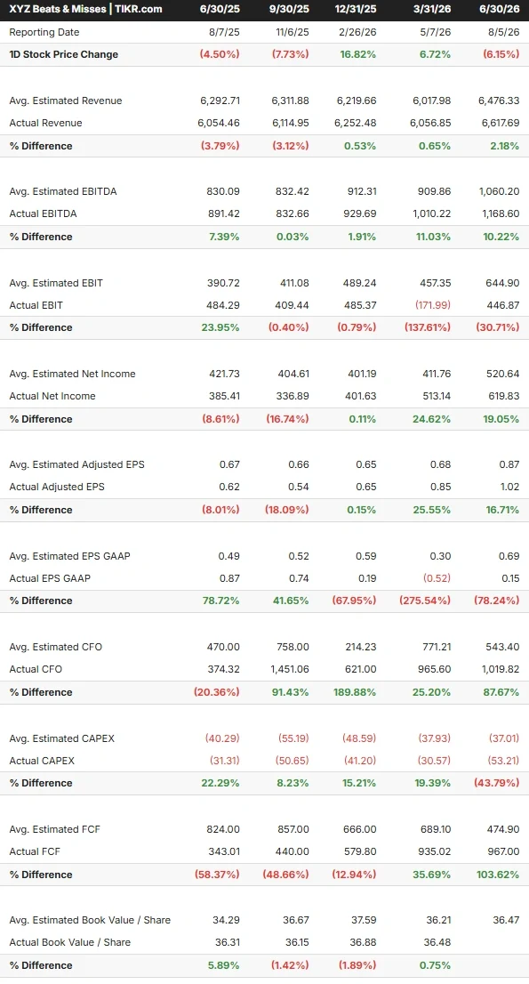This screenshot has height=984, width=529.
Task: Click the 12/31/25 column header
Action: [x=356, y=9]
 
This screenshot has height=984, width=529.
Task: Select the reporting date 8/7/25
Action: [x=225, y=32]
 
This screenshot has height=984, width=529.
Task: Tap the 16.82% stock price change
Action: [x=358, y=54]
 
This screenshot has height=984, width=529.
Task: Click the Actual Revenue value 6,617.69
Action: [x=501, y=123]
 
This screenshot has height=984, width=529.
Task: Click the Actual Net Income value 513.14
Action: [x=435, y=396]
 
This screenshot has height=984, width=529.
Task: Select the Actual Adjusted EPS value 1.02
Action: [x=509, y=487]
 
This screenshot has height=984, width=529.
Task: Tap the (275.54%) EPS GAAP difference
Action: [x=425, y=601]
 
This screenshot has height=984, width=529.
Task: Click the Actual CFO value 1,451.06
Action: [x=290, y=669]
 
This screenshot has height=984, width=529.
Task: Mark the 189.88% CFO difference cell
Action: [x=355, y=692]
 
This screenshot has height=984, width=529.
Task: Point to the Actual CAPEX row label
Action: [x=42, y=761]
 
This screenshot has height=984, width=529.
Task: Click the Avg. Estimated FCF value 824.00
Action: [x=223, y=829]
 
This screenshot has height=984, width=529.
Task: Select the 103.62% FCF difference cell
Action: [x=498, y=875]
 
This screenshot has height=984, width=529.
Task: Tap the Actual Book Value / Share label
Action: [x=69, y=942]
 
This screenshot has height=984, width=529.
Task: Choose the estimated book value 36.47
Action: [x=506, y=920]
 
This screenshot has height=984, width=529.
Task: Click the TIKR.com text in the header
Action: [x=139, y=9]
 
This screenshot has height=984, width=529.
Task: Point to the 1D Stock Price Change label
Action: [x=63, y=54]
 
